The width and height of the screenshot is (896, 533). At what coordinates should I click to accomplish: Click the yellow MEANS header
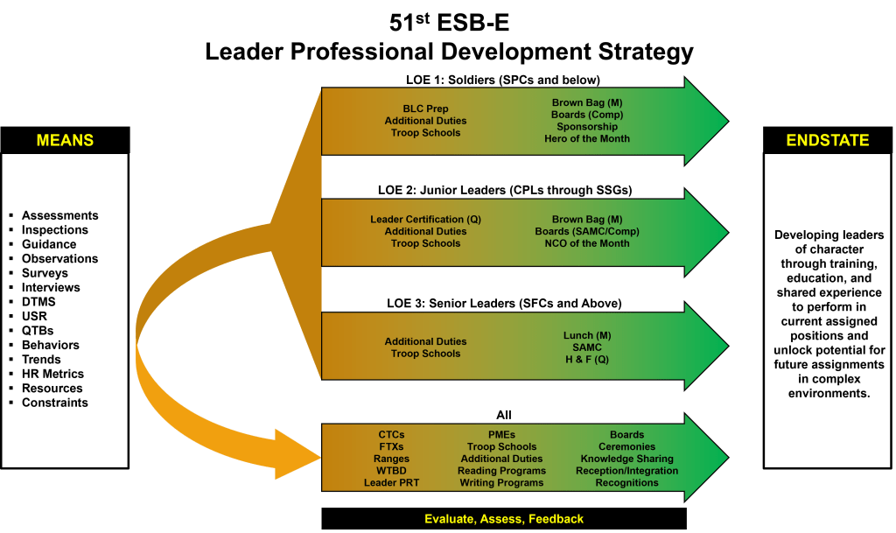pos(65,140)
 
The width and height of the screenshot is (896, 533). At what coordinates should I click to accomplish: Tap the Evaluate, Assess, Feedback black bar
pos(503,519)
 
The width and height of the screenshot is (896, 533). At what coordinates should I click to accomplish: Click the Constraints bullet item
pos(54,403)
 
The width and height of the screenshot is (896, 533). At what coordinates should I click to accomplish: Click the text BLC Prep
pos(425,109)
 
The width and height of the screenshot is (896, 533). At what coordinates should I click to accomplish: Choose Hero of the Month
pos(586,138)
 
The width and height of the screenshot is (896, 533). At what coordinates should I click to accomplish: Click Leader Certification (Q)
pos(425,219)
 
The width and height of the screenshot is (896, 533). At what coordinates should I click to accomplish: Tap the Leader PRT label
pos(390,483)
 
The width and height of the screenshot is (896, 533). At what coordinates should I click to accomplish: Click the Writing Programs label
pos(502,483)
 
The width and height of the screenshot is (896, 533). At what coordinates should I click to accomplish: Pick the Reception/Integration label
pos(626,471)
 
